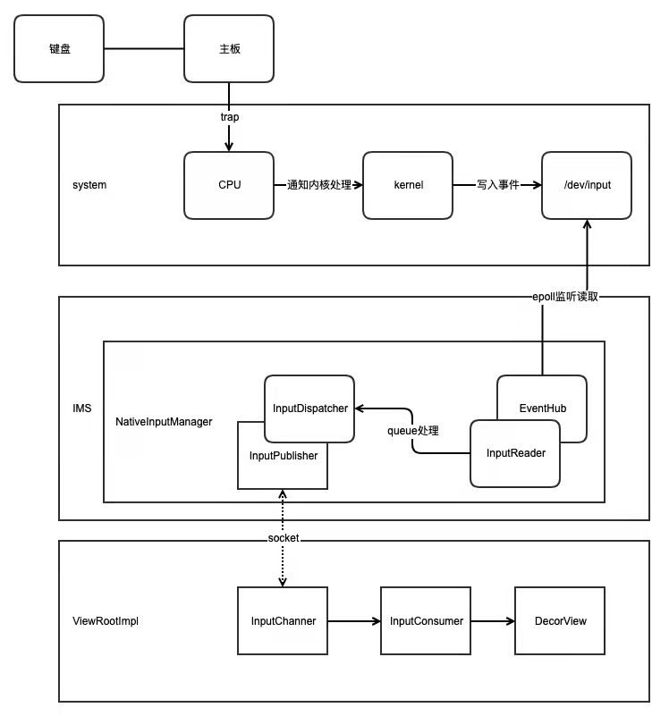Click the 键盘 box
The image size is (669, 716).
[60, 48]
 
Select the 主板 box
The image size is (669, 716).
[229, 48]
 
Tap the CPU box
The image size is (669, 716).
[229, 185]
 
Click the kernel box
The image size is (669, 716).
[408, 185]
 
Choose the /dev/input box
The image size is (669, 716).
[587, 185]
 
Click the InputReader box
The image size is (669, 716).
[515, 452]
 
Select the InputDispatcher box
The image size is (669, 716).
[309, 408]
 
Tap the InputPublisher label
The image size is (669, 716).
[283, 455]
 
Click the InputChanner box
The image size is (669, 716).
[283, 621]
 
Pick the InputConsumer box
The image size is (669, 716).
[426, 621]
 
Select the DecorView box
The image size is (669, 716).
[560, 621]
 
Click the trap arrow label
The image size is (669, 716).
[229, 117]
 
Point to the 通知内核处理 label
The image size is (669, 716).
[318, 185]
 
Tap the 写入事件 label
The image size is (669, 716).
[496, 185]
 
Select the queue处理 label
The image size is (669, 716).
[413, 430]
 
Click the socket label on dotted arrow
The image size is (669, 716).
[284, 538]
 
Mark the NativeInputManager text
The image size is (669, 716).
[164, 420]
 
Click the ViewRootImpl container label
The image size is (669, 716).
[103, 621]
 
